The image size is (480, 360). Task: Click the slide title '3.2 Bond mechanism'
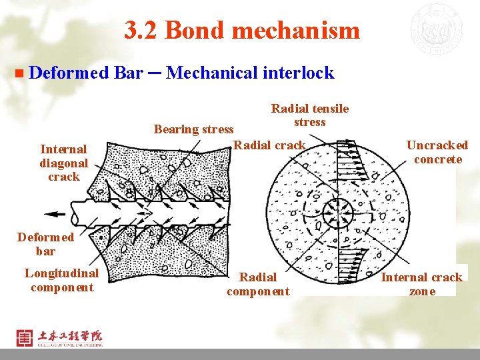[241, 30]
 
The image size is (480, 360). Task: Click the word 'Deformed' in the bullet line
[69, 73]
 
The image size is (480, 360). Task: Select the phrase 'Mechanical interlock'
[250, 73]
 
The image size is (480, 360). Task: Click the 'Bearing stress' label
[194, 129]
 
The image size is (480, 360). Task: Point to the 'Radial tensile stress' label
[309, 115]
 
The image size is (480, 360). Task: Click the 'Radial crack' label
[270, 145]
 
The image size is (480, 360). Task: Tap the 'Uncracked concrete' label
[437, 152]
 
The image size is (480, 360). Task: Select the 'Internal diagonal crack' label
[63, 163]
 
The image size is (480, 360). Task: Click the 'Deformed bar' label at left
[45, 244]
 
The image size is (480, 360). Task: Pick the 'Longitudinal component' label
[61, 280]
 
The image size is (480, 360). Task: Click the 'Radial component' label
[258, 284]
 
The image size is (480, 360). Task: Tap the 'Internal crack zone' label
[422, 284]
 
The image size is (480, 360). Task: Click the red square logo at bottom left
[24, 337]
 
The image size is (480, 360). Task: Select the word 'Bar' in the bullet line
[128, 73]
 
